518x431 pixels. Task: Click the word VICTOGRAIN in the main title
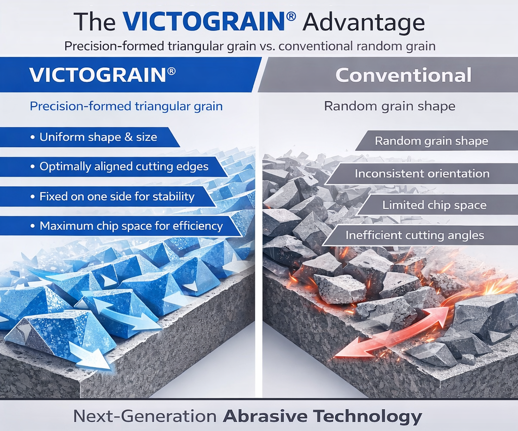click(x=203, y=22)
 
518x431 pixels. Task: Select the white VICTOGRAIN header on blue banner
click(x=98, y=75)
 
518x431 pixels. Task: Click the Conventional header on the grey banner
click(x=403, y=75)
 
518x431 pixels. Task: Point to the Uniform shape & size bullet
click(x=94, y=137)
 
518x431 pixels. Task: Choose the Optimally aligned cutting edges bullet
click(x=119, y=166)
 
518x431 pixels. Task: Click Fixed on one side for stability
click(x=112, y=196)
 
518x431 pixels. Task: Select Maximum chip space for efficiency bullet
click(x=126, y=226)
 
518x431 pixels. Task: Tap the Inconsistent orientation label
click(x=422, y=174)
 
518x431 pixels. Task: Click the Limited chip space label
click(x=435, y=205)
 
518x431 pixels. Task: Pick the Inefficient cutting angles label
click(x=415, y=235)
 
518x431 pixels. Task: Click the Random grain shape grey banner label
click(x=431, y=141)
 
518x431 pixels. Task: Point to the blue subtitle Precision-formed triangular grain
click(x=126, y=106)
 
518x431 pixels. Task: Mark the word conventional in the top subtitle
click(x=316, y=46)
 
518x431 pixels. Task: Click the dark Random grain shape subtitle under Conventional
click(x=390, y=106)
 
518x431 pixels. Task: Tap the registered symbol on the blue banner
click(x=171, y=71)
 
